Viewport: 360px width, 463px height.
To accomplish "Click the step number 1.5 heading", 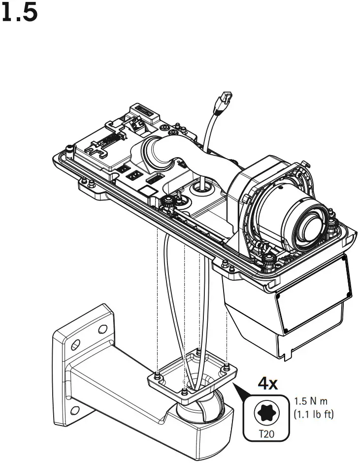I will coord(20,14).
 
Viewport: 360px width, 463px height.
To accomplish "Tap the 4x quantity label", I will coord(269,384).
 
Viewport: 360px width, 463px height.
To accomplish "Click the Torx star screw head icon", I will coord(266,412).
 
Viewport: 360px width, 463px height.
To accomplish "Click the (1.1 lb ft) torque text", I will coord(313,415).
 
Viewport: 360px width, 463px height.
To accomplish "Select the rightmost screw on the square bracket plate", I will coord(226,366).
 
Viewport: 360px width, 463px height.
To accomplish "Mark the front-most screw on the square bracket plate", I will coord(184,392).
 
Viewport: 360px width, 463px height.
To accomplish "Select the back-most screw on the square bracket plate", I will coord(197,351).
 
